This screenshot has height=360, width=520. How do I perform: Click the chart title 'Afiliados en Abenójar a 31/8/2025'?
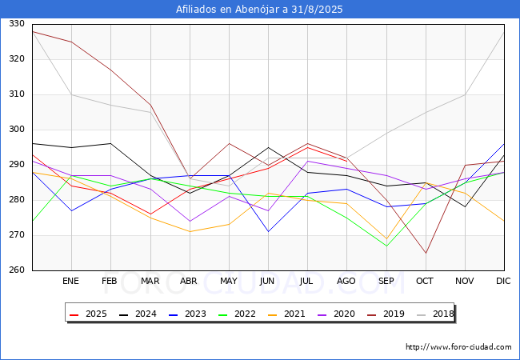click(259, 10)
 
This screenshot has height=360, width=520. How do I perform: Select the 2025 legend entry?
click(89, 314)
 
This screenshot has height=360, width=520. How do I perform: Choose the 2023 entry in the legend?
click(188, 314)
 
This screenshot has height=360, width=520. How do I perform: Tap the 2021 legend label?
click(287, 314)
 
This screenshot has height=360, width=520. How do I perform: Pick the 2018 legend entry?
click(435, 314)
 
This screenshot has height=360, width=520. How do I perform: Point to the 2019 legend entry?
click(386, 314)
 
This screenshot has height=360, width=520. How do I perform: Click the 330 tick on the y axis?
click(17, 24)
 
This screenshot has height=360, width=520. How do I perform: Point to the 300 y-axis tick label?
click(17, 130)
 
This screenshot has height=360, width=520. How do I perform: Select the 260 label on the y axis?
click(17, 270)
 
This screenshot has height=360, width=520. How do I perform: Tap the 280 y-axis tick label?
click(17, 199)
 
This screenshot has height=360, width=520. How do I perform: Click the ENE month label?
click(70, 281)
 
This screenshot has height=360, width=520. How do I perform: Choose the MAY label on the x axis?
click(229, 281)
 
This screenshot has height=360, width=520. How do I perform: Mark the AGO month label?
click(346, 281)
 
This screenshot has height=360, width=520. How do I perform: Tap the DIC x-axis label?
click(503, 281)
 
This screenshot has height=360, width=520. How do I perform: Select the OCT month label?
click(425, 281)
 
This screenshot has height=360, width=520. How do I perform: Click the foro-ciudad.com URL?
click(458, 347)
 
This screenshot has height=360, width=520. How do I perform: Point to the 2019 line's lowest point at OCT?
click(426, 254)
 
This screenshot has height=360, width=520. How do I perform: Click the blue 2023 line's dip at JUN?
click(268, 232)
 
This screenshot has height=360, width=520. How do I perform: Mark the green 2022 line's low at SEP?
click(386, 246)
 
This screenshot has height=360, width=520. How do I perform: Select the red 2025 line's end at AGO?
click(347, 162)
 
